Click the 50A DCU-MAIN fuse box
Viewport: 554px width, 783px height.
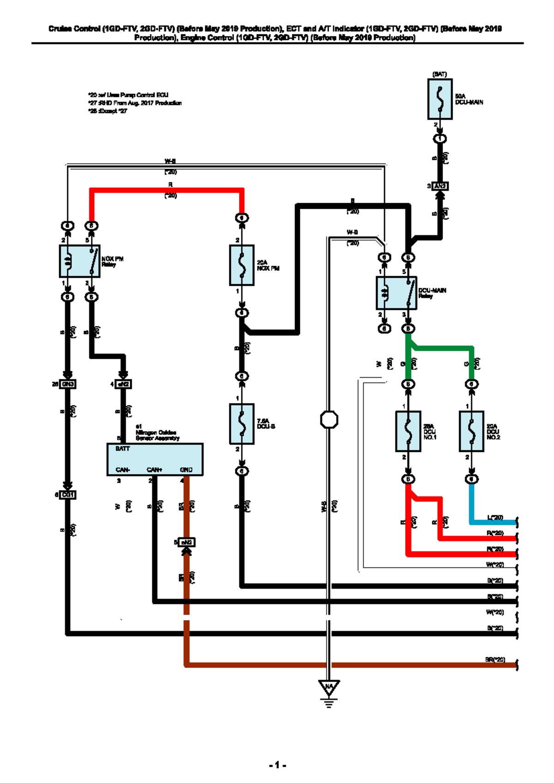[x=440, y=99]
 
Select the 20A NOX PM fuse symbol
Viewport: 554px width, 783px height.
[x=241, y=265]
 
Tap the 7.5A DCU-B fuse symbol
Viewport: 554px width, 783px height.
[x=241, y=424]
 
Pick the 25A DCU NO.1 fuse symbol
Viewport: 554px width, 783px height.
[x=408, y=431]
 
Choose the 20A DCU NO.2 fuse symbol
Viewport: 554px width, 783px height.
[x=471, y=431]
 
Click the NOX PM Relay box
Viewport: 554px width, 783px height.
[x=79, y=261]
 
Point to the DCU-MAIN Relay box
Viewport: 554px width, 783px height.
[x=397, y=293]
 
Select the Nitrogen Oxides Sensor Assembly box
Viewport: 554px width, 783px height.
[x=155, y=459]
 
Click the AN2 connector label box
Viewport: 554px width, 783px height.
[x=440, y=186]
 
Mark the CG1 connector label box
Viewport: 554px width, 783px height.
[x=68, y=495]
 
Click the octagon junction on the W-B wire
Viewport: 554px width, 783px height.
[x=329, y=420]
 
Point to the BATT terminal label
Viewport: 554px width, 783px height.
[x=123, y=449]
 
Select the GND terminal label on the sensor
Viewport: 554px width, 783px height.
[x=186, y=470]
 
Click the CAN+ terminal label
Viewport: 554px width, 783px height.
[x=154, y=470]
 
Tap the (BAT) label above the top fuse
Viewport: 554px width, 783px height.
[x=440, y=74]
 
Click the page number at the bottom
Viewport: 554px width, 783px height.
[x=277, y=765]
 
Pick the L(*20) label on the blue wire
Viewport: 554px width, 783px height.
[x=495, y=518]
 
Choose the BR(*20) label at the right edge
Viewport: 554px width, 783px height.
[x=495, y=660]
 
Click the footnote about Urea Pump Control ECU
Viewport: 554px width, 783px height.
[x=128, y=95]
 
